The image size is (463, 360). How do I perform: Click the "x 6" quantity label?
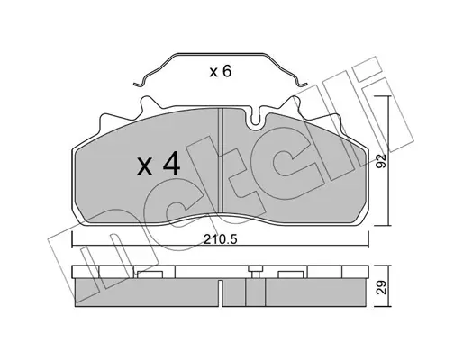[x=221, y=72]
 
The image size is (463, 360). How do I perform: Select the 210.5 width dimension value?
[x=221, y=239]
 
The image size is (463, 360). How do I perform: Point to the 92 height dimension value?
[x=381, y=161]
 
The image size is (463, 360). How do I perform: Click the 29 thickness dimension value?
[x=381, y=287]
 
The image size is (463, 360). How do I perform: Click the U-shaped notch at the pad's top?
[x=255, y=119]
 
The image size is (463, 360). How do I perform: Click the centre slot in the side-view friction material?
[x=221, y=292]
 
